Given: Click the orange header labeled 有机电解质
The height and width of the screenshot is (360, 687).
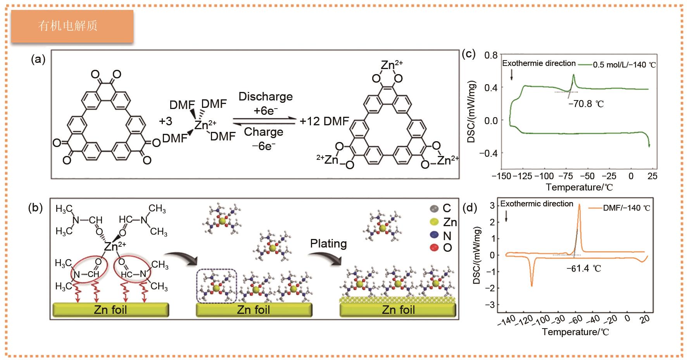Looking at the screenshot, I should coord(72,26).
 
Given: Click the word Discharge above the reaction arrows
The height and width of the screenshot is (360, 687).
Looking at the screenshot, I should coord(266,96).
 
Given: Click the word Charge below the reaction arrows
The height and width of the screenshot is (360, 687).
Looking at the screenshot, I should coord(264,132).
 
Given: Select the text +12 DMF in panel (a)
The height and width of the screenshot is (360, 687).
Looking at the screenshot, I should coord(325,121).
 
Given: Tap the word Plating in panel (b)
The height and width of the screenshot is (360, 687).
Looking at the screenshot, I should coord(328,244).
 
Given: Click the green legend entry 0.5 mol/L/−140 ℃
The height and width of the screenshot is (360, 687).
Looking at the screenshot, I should coord(624,65).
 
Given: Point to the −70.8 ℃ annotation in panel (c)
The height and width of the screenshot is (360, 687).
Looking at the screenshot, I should coord(586,104).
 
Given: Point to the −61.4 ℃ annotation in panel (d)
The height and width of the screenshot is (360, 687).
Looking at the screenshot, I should coord(583,268).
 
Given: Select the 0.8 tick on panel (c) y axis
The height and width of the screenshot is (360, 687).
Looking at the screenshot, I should coord(490,55).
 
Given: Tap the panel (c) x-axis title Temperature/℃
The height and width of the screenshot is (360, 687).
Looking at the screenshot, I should coord(579,187).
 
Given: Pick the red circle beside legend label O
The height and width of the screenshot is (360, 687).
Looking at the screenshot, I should coord(434,247).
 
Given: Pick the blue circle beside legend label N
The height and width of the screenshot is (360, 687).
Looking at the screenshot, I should coord(434,235).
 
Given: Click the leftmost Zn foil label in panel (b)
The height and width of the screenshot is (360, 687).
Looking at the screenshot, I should coord(110,310).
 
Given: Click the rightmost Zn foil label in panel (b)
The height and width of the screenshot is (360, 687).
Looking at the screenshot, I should coord(398,310).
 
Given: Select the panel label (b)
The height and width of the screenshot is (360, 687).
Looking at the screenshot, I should coord(35,208).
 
